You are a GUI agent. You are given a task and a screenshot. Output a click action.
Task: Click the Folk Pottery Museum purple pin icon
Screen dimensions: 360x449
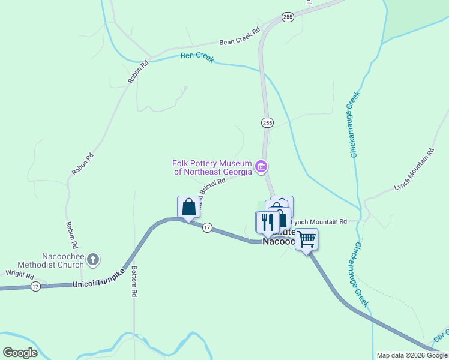click(x=261, y=167)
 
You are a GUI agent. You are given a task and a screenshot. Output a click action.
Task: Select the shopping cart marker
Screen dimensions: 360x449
click(x=306, y=239)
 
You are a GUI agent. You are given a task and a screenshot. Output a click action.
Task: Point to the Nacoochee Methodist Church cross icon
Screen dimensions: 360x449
click(x=92, y=259)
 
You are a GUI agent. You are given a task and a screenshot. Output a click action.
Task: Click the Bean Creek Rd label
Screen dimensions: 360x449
click(x=240, y=37)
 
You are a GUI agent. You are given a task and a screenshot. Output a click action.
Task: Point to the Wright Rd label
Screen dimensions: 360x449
click(x=20, y=274)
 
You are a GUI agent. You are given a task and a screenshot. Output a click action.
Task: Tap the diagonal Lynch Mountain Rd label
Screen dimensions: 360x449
click(x=414, y=170)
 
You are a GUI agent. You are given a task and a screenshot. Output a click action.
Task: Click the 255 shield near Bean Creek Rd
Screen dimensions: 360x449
click(x=288, y=17)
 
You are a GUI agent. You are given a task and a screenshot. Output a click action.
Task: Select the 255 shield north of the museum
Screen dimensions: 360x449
click(x=267, y=123)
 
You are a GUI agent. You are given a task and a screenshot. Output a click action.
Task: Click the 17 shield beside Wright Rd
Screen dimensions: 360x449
click(x=36, y=286)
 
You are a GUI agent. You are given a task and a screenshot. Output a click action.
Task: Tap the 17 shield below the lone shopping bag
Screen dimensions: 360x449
click(x=207, y=227)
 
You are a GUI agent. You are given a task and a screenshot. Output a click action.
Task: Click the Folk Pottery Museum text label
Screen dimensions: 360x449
click(x=212, y=167)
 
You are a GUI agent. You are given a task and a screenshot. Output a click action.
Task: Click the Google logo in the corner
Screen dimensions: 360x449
click(x=20, y=352)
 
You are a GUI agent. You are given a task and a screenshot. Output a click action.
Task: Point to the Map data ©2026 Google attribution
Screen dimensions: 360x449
click(x=412, y=355)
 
